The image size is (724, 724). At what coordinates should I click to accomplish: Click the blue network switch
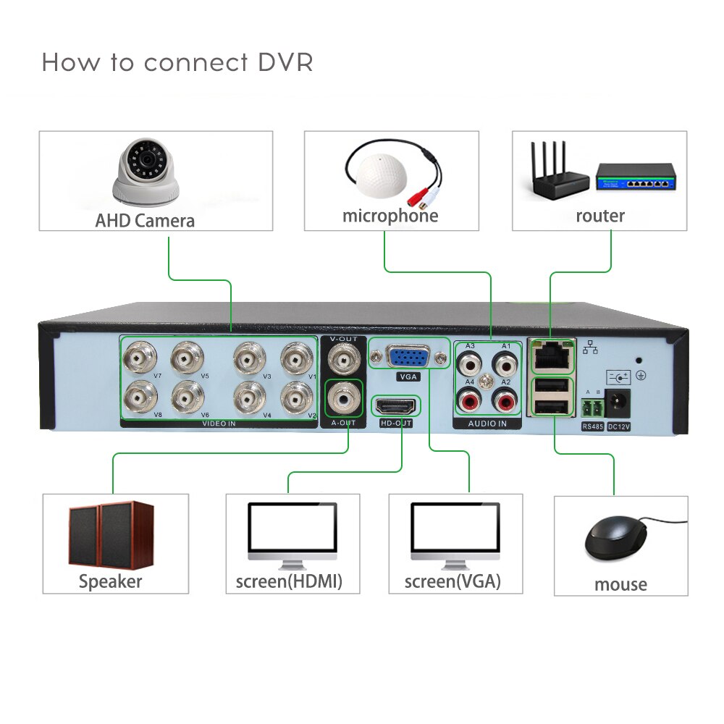click(x=635, y=177)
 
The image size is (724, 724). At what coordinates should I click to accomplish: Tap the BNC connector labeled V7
click(x=139, y=357)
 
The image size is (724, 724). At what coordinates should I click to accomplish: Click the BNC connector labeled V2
click(x=296, y=396)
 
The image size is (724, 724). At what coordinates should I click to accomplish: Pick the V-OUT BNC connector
click(x=343, y=358)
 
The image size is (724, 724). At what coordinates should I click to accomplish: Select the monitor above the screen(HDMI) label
click(x=292, y=532)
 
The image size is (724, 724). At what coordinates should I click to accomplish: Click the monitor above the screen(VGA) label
click(x=455, y=532)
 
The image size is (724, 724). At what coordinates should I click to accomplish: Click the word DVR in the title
click(x=285, y=62)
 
